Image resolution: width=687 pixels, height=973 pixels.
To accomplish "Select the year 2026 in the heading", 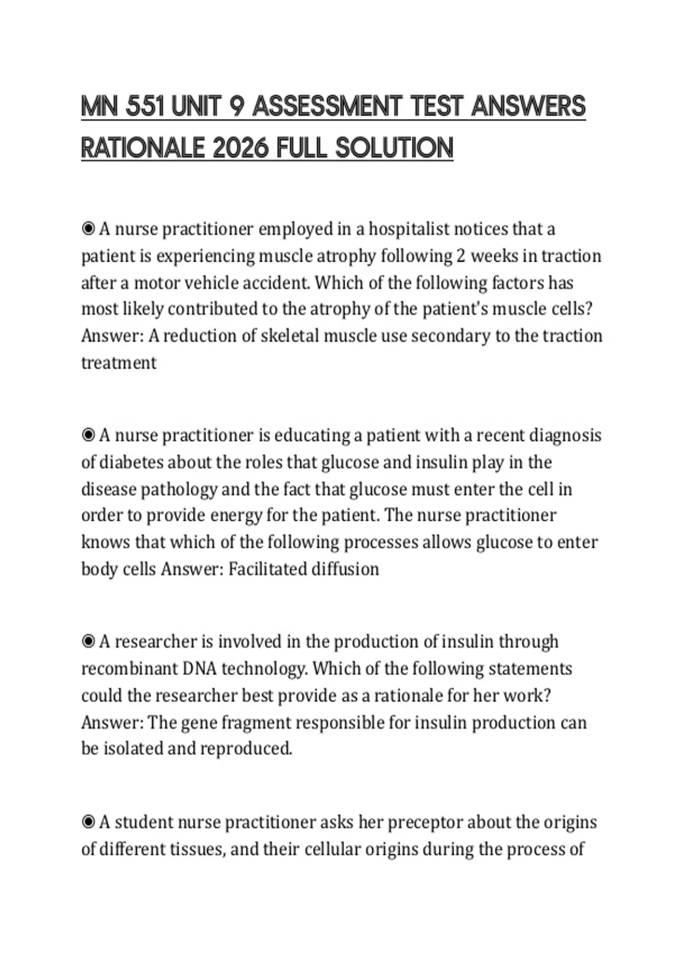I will point(240,148).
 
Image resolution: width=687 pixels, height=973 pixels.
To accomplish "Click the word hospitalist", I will point(409,229).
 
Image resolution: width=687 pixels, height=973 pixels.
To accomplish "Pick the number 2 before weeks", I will point(460,256).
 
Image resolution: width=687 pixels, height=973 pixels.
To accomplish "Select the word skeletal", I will point(290,336).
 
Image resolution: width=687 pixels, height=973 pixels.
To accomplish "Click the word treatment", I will point(119,363).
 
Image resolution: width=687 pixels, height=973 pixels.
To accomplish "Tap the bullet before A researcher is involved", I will point(88,642).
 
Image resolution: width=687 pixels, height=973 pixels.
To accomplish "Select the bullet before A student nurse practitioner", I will point(88,822).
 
